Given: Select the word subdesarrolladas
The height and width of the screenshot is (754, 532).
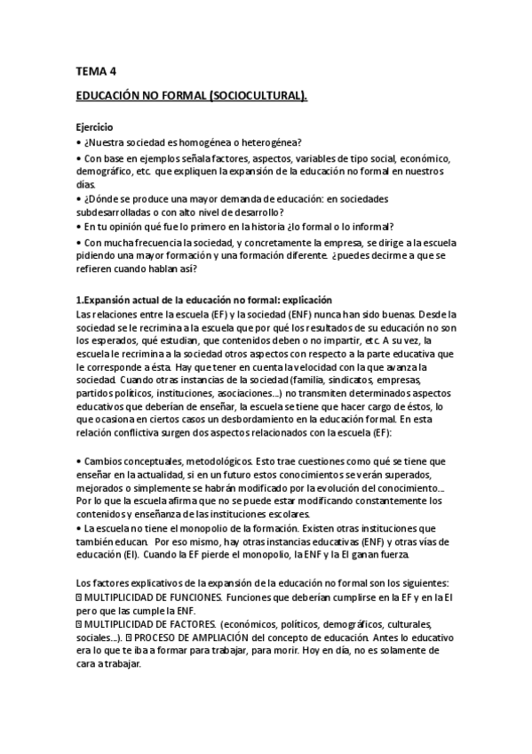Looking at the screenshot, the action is pyautogui.click(x=118, y=212).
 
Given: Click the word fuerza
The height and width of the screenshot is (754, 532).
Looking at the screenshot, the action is pyautogui.click(x=391, y=557).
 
